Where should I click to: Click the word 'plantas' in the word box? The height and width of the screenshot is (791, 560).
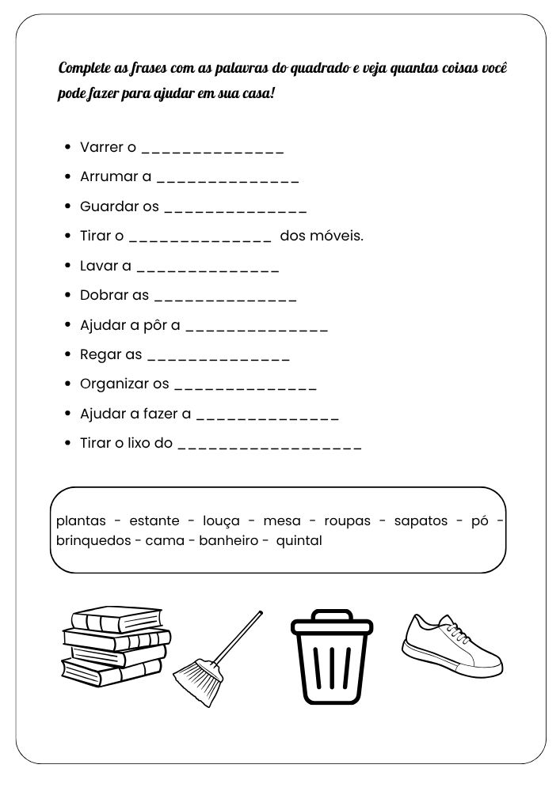(81, 521)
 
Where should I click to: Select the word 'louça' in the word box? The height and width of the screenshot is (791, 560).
(221, 521)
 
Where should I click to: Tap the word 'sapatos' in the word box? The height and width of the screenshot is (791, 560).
(421, 521)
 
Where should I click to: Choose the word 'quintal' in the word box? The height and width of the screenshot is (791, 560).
(299, 542)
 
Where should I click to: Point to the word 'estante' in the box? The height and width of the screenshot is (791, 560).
(154, 521)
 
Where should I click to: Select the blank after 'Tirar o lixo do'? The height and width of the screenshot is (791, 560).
(270, 446)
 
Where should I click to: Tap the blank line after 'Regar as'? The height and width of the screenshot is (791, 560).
(219, 358)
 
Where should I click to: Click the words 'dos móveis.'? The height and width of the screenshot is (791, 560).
(322, 236)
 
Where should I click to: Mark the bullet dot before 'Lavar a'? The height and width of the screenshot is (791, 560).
(69, 266)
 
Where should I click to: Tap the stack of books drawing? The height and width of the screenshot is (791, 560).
(116, 648)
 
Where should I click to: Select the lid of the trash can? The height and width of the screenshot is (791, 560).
(331, 624)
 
